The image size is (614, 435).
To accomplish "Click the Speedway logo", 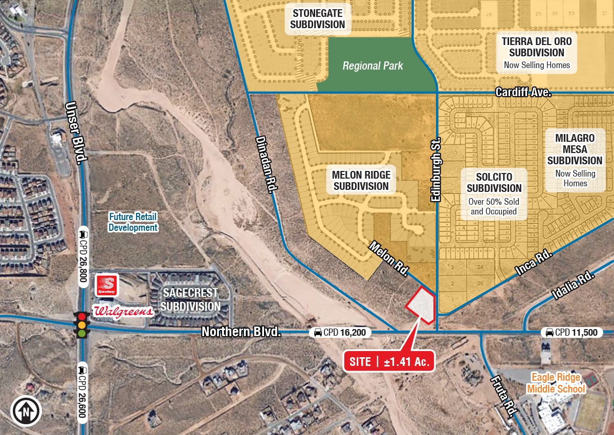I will [x=107, y=285].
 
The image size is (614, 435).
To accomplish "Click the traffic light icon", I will [x=81, y=324].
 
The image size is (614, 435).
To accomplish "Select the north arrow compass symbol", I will [x=26, y=410].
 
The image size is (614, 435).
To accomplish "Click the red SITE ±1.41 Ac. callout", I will [x=389, y=361].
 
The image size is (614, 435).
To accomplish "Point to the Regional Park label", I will [x=372, y=66].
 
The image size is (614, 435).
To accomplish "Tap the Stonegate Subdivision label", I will [x=318, y=18].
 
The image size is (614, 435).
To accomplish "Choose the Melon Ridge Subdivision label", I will [x=361, y=180].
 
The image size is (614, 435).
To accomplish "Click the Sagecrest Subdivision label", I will [x=191, y=299].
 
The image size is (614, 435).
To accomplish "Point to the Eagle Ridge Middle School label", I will [x=555, y=383].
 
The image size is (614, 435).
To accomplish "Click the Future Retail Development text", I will [x=133, y=223].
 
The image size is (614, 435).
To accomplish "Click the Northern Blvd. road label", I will [x=242, y=332].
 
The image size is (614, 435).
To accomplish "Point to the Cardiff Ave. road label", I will [x=523, y=93].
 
